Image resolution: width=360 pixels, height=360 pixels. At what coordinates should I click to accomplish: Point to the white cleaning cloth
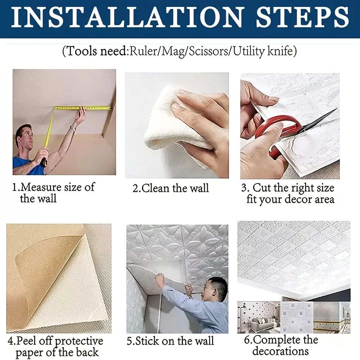click(166, 119)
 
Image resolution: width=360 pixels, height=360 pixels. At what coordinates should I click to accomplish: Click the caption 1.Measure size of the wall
click(53, 193)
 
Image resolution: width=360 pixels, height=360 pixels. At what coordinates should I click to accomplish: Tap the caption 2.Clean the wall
click(171, 189)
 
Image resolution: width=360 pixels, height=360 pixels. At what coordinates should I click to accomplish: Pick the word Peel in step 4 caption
click(29, 341)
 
